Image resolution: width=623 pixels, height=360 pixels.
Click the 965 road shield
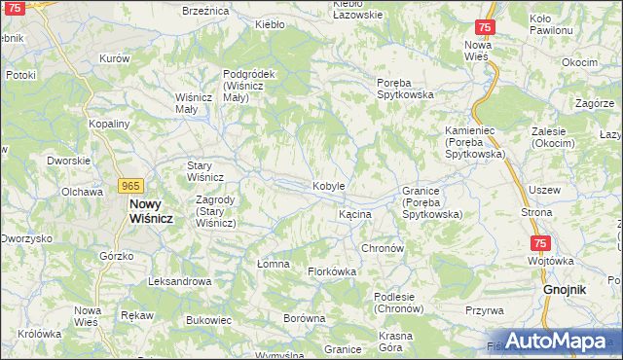(x=130, y=185)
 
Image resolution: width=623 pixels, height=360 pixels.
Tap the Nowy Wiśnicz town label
(x=151, y=211)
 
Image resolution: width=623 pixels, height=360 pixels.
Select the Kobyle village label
(x=328, y=186)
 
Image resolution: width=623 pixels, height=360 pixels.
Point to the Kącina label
(x=354, y=213)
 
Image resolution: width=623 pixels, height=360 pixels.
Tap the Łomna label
(x=260, y=263)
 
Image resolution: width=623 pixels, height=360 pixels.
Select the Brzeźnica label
(x=205, y=10)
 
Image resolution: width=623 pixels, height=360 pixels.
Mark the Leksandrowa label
(x=179, y=281)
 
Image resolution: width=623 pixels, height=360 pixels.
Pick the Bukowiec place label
(x=207, y=319)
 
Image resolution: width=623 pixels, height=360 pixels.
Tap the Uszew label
(x=543, y=190)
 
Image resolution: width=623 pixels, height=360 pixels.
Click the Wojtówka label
(x=547, y=261)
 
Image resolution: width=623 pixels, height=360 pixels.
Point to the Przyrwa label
(x=484, y=310)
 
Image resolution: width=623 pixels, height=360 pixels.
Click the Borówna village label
(x=303, y=318)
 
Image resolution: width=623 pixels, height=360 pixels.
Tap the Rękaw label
(x=136, y=315)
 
